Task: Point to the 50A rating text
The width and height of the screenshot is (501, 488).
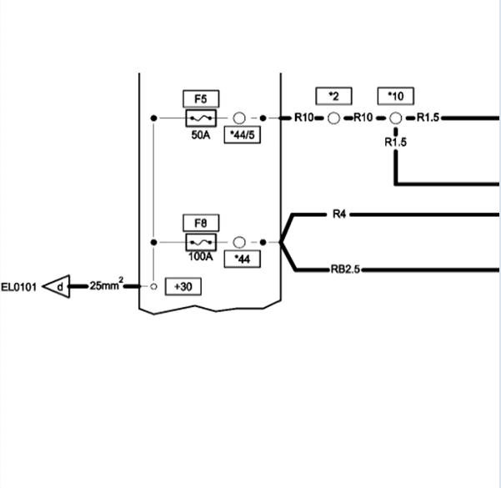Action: pyautogui.click(x=201, y=135)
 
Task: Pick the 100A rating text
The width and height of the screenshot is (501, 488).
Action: pyautogui.click(x=200, y=256)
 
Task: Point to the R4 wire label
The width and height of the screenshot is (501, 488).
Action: pyautogui.click(x=339, y=214)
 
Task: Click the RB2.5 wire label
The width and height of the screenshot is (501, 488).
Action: pyautogui.click(x=345, y=269)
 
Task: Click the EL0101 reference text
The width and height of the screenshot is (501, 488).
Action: pyautogui.click(x=19, y=287)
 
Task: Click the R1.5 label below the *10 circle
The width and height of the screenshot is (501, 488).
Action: pyautogui.click(x=396, y=142)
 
